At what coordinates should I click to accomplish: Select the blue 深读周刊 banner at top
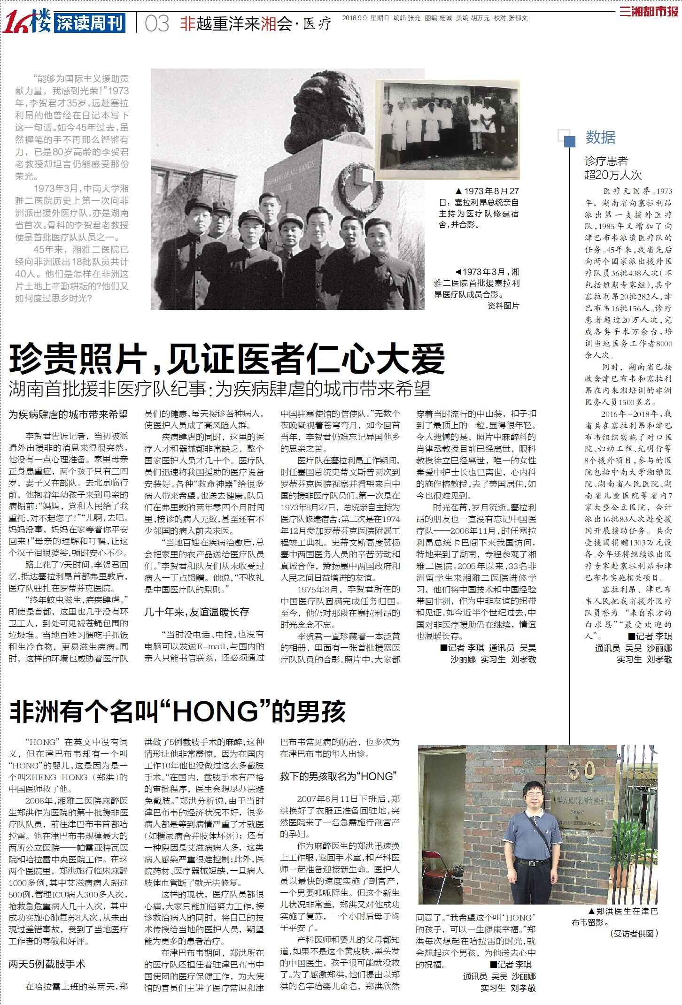click(x=90, y=23)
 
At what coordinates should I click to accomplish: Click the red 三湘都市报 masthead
click(x=650, y=12)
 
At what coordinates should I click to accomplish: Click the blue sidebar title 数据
click(x=600, y=138)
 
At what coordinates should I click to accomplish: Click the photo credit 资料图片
click(x=503, y=306)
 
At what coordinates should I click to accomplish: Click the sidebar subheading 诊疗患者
click(x=606, y=161)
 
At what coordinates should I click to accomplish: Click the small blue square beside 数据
click(x=569, y=141)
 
